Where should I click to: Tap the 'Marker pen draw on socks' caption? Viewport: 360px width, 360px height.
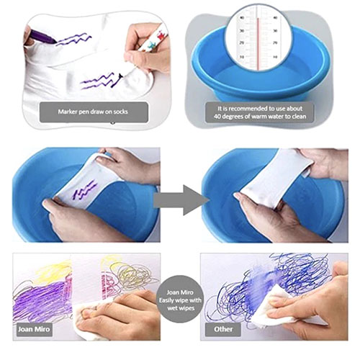(x=94, y=112)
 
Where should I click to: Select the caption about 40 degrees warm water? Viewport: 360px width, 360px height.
(x=260, y=112)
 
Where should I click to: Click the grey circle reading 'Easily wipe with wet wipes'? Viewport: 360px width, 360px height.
(x=180, y=300)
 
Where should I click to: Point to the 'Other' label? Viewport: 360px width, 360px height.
(x=223, y=329)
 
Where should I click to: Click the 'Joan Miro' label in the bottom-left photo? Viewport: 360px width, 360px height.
(x=35, y=329)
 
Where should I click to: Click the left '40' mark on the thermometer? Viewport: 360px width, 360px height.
(x=242, y=18)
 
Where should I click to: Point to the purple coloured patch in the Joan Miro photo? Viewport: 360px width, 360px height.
(x=41, y=300)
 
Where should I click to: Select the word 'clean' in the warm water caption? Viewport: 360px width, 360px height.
(x=298, y=117)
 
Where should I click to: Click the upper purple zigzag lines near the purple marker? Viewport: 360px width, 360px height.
(x=74, y=39)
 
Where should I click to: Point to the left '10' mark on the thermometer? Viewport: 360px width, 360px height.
(x=241, y=58)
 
